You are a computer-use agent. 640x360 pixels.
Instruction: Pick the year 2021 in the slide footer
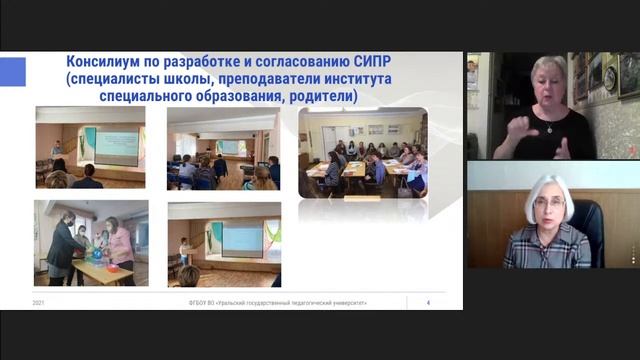click(x=38, y=302)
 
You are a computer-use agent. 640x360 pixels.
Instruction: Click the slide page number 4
click(x=428, y=302)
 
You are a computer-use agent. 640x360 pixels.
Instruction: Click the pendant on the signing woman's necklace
click(x=548, y=128)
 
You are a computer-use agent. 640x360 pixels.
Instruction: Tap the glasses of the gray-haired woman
click(x=548, y=204)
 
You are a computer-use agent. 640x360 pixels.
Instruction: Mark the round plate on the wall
click(x=611, y=79)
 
